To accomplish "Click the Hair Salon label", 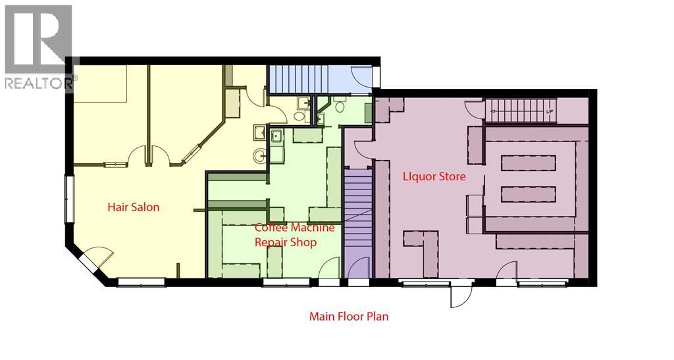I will coord(134,207).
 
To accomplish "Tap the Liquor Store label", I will coord(434,176).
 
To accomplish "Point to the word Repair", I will coord(271,242).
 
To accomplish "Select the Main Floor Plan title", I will coord(349,317).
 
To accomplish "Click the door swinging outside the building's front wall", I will coord(460,296).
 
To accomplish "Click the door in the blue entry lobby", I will coord(361,80).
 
